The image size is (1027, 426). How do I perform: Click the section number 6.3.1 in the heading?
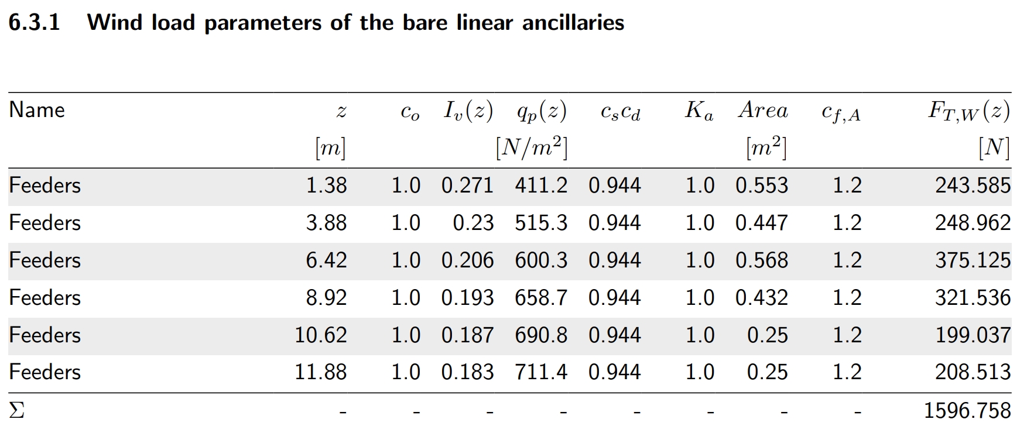pos(35,23)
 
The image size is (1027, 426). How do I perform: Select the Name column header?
pos(37,110)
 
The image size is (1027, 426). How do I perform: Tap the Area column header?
pos(763,110)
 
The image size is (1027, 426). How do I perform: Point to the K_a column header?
pos(699,111)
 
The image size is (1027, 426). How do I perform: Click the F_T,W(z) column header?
pos(968,111)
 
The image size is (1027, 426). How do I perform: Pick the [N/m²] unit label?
pos(532,148)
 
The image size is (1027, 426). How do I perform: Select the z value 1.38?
pos(326,185)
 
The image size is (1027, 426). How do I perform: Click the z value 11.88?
pos(320,372)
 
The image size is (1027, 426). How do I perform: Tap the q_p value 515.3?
pos(541,223)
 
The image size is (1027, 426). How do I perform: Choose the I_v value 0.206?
pos(467,260)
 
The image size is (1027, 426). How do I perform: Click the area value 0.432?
pos(762,298)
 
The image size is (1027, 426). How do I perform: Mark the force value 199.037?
pos(973,335)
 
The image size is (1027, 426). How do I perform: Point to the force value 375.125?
pos(973,260)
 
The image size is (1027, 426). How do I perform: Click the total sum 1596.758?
pos(967,410)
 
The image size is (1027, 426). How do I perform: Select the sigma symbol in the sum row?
pos(17,410)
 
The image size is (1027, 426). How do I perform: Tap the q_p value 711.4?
pos(541,372)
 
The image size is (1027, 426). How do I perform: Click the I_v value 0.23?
pos(473,223)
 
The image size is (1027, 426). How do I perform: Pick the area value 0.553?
pos(762,185)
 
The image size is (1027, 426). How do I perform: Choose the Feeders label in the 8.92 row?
pos(45,298)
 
